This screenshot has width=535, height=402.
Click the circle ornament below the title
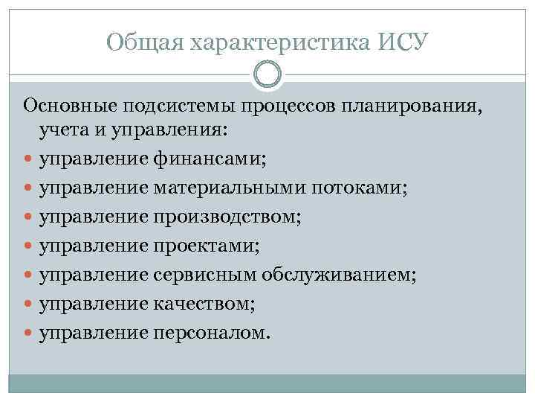pos(267,74)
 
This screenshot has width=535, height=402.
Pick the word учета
pos(63,131)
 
